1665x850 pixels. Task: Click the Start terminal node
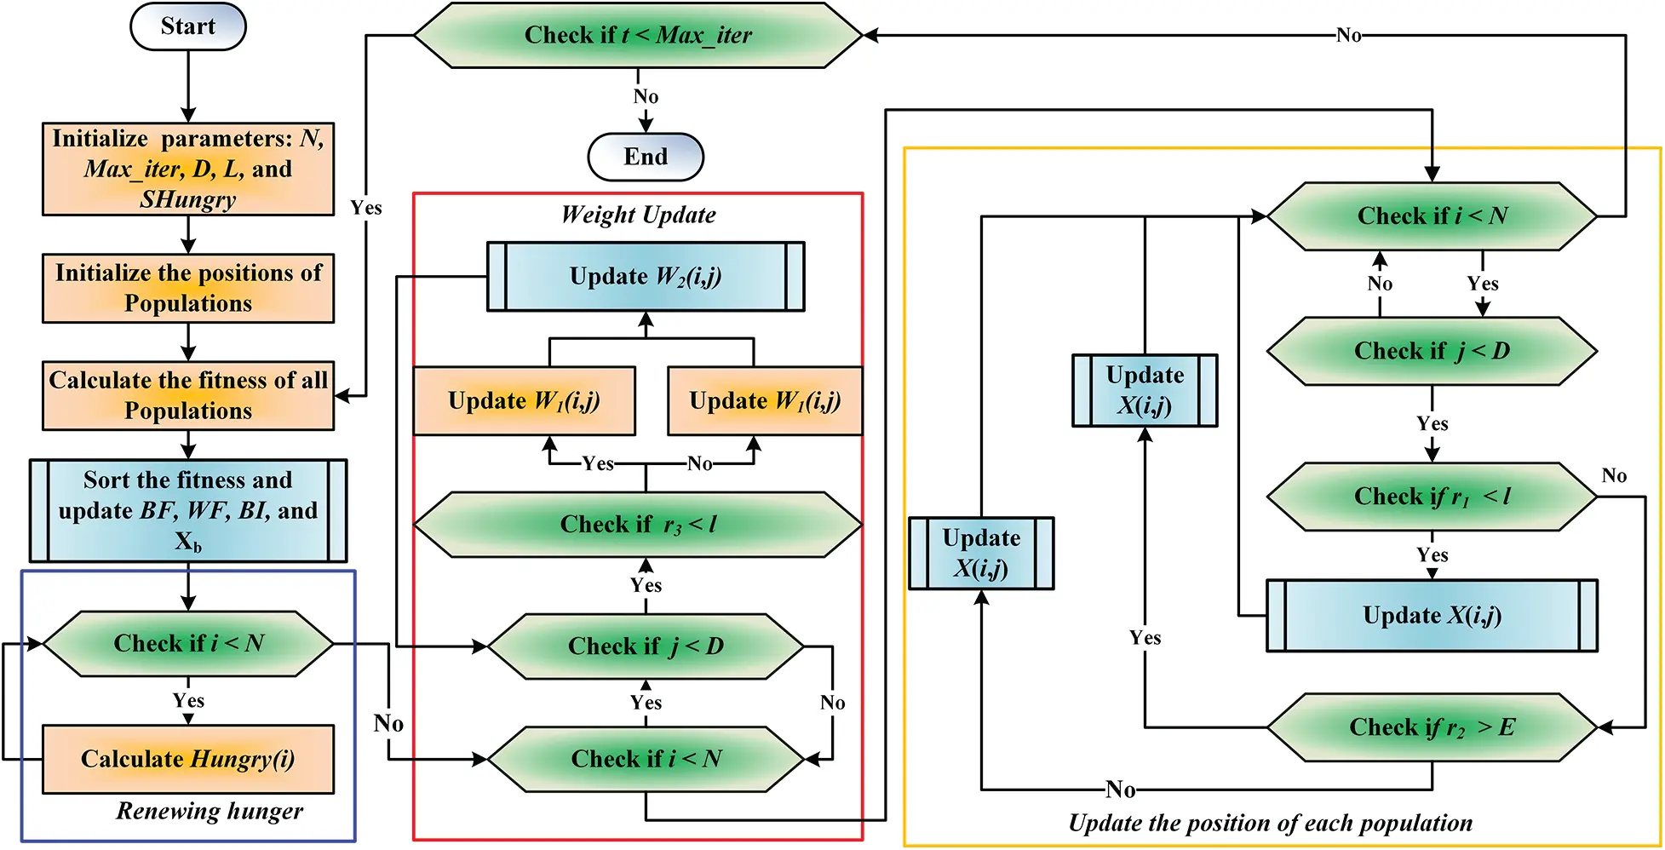(x=187, y=26)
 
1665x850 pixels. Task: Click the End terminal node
(x=646, y=157)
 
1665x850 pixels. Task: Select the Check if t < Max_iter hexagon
(x=638, y=35)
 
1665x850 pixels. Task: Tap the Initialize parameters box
(x=188, y=169)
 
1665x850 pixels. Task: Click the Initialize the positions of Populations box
(x=188, y=288)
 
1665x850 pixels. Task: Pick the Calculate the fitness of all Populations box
(x=188, y=395)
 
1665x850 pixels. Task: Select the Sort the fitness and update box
(x=188, y=510)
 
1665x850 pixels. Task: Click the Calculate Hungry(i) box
(x=188, y=759)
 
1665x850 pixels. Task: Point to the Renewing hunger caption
(x=210, y=811)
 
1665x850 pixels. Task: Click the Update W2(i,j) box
(x=646, y=277)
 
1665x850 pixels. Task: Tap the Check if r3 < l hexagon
(x=638, y=525)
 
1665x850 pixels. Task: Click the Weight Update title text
(x=638, y=215)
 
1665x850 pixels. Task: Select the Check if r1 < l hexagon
(x=1432, y=497)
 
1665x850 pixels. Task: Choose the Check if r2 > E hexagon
(x=1432, y=727)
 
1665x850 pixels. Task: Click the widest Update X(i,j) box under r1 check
(x=1432, y=616)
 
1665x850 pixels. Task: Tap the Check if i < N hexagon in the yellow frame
(x=1432, y=216)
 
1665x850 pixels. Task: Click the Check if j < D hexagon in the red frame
(x=646, y=646)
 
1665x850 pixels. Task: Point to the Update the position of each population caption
(x=1270, y=823)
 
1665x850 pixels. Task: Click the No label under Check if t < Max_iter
(x=646, y=96)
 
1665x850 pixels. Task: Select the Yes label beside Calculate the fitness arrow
(x=366, y=208)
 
